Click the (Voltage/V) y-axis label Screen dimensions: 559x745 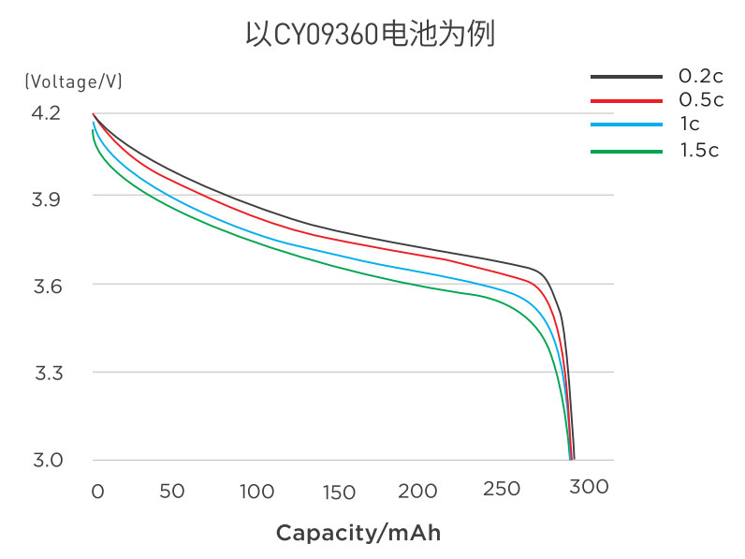[x=74, y=81]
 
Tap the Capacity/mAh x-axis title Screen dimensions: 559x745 [x=358, y=533]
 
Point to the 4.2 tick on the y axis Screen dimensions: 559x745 [x=45, y=113]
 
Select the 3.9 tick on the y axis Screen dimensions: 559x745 [x=45, y=198]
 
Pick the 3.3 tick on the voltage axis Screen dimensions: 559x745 [x=45, y=373]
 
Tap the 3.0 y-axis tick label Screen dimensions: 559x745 [x=45, y=460]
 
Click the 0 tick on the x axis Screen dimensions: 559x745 [x=97, y=491]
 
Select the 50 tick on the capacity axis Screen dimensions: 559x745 [x=171, y=491]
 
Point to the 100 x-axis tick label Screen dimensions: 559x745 [x=256, y=491]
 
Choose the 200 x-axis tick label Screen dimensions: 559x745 [x=417, y=491]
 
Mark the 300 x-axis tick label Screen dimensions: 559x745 [x=589, y=487]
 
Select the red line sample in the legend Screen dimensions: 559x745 [x=626, y=99]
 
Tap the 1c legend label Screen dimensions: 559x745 [x=690, y=123]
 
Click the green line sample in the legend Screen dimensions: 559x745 [x=626, y=150]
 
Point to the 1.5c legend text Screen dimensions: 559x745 [x=699, y=150]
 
